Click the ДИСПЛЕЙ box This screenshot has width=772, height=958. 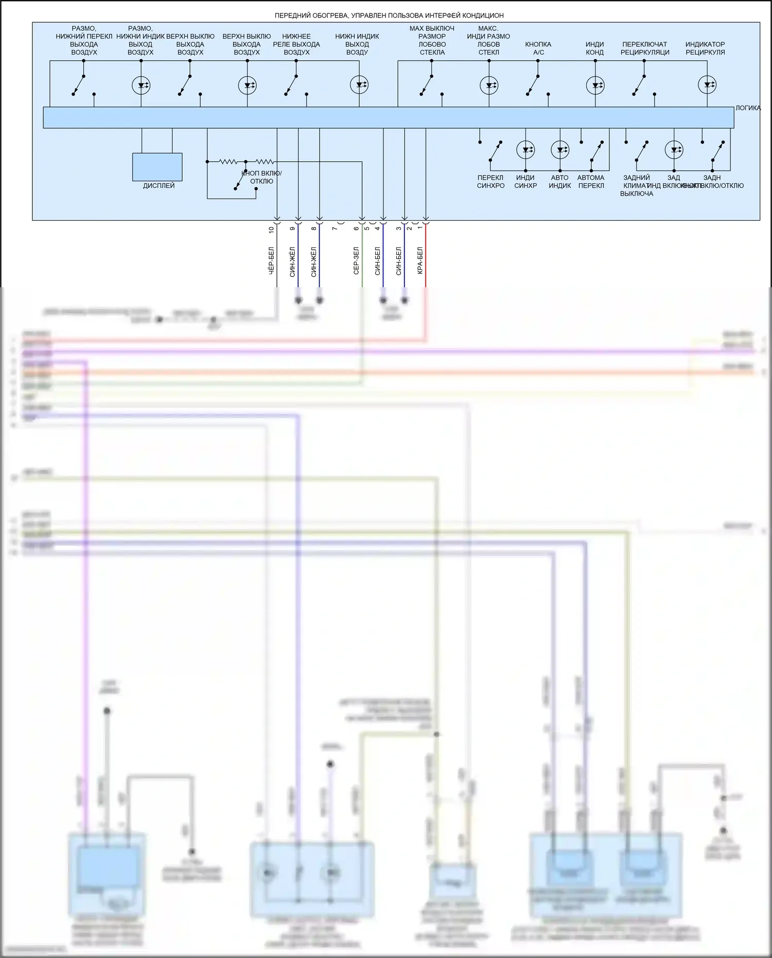157,167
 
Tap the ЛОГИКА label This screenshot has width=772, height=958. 747,108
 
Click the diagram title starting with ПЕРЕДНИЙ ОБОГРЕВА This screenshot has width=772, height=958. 389,15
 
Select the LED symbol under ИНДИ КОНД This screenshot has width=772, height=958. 595,85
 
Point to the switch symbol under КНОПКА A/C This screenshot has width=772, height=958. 533,85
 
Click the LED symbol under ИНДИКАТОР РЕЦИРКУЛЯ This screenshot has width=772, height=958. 707,85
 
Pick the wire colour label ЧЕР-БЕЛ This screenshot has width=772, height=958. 271,260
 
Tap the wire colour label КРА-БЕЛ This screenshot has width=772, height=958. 420,260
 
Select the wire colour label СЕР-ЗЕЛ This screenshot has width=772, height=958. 356,260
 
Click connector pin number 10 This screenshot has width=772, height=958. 271,230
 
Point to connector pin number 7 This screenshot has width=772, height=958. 335,228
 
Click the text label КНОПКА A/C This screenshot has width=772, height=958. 538,48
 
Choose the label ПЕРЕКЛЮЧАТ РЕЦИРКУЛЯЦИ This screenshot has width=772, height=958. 644,48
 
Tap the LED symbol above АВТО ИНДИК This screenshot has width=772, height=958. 559,150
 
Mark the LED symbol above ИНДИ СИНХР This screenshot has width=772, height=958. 525,150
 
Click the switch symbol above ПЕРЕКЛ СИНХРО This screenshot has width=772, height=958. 495,150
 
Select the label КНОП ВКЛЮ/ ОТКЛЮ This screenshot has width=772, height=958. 261,177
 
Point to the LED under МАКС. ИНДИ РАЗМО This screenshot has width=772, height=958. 488,85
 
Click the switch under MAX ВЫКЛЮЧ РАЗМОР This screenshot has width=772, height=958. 427,85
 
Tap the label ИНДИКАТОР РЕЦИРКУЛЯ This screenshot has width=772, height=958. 705,48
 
